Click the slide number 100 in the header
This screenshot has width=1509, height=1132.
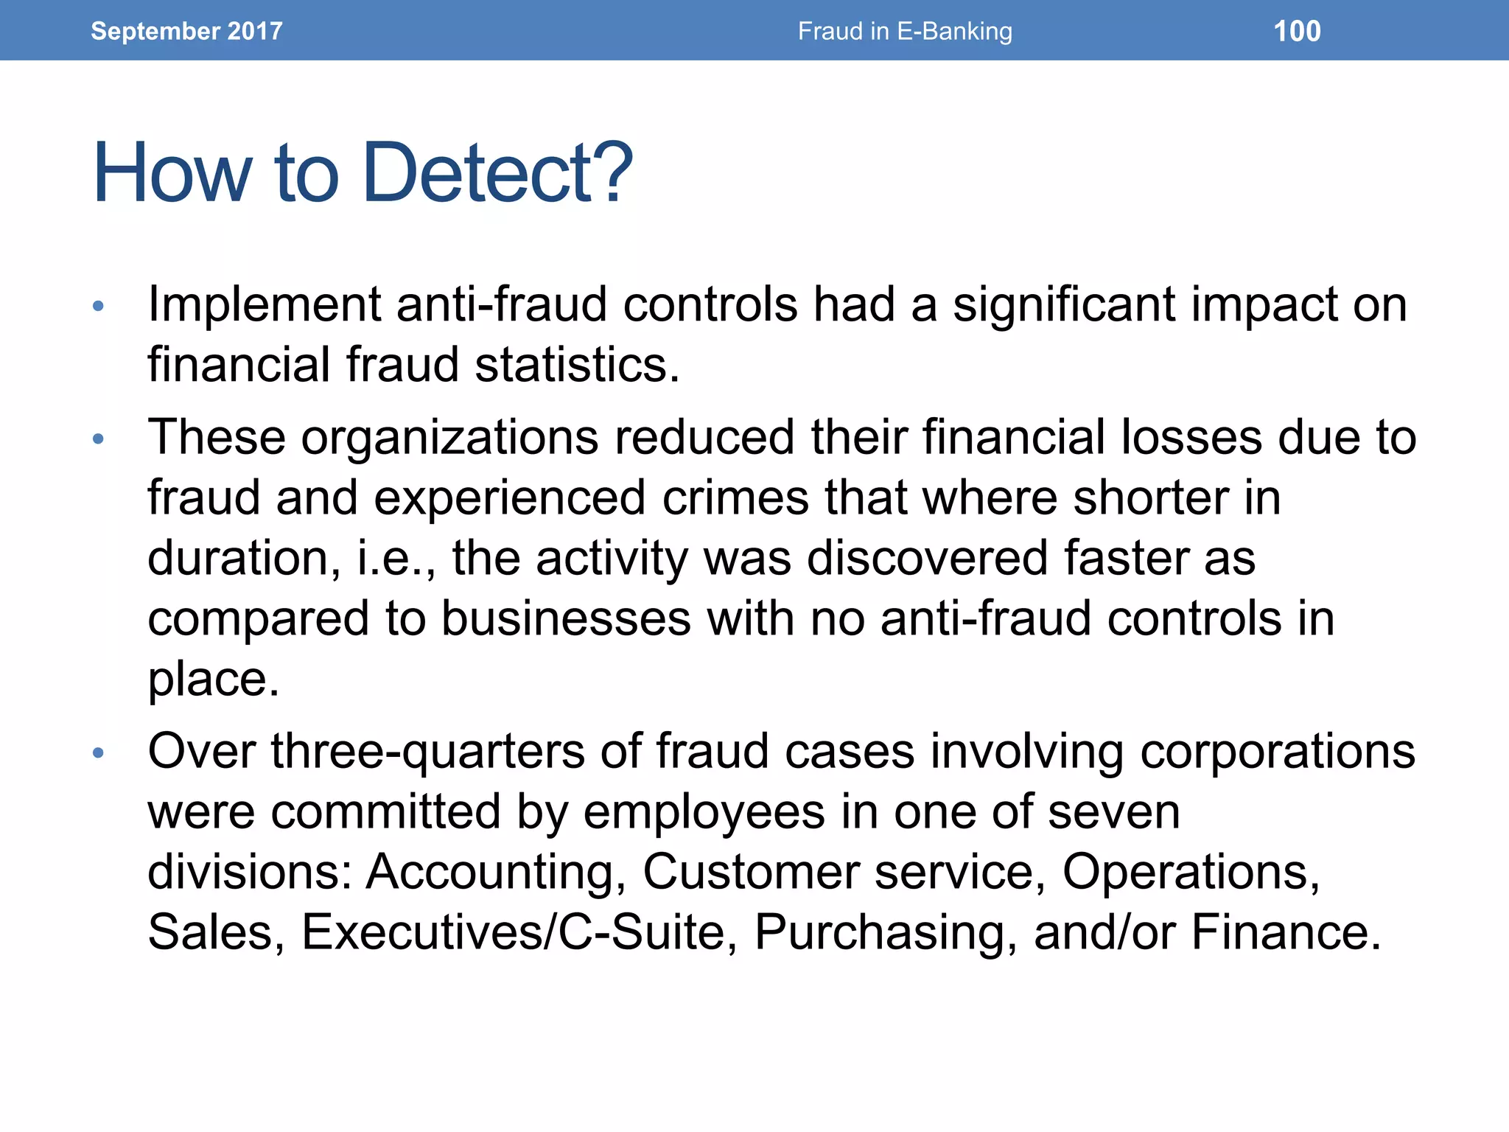pos(1297,31)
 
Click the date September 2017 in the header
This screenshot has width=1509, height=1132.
pos(186,31)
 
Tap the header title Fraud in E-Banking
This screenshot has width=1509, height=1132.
pos(905,31)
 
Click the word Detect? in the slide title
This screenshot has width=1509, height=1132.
pos(497,173)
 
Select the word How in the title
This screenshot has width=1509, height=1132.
pos(172,173)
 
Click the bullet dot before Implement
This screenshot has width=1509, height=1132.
pos(99,306)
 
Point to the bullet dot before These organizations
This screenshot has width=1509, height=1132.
pos(99,440)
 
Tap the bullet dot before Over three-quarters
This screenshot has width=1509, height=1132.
pos(99,753)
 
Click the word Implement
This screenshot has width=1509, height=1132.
pos(264,304)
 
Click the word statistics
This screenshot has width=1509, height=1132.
pos(576,365)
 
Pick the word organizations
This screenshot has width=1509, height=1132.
pos(449,437)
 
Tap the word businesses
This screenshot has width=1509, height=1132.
pos(566,618)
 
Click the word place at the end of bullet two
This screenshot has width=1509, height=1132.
pos(213,679)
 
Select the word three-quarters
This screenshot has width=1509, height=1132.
pos(427,752)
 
